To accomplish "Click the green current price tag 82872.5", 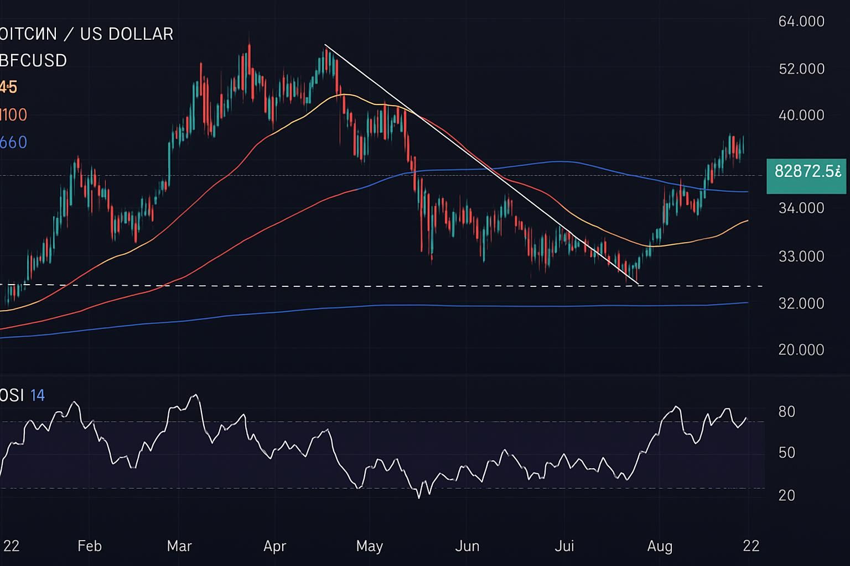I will pos(806,172).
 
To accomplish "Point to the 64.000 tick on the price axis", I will pos(801,22).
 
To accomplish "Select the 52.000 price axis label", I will pos(801,69).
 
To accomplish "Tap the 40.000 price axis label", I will pos(801,116).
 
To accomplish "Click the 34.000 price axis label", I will pos(801,208).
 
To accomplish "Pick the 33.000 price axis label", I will pos(801,256).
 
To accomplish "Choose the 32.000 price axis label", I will pos(801,303).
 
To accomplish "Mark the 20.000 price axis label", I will pos(801,350).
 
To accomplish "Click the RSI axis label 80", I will pos(786,412).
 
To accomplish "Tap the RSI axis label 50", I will pos(786,453).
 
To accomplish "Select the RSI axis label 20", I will pos(786,495).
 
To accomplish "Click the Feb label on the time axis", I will pos(90,546).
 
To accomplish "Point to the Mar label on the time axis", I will pos(179,546).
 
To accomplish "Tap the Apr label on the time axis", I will pos(274,546).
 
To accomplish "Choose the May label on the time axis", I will pos(369,546).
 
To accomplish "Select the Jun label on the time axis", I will pos(467,546).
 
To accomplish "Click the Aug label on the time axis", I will pos(660,546).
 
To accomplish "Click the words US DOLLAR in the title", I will pos(127,34).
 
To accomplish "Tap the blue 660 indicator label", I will pos(13,143).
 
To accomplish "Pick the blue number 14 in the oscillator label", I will pos(38,395).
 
